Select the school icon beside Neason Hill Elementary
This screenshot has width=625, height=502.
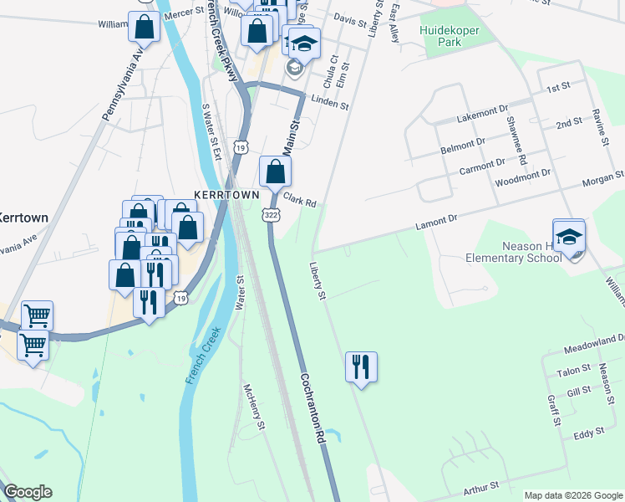pyautogui.click(x=569, y=236)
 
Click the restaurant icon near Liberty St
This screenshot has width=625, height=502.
pyautogui.click(x=361, y=366)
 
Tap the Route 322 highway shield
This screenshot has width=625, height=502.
pyautogui.click(x=272, y=215)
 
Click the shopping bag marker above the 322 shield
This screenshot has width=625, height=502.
pyautogui.click(x=275, y=172)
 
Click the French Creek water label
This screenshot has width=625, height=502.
pyautogui.click(x=201, y=356)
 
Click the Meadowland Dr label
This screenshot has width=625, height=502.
pyautogui.click(x=594, y=338)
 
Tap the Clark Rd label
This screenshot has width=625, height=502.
pyautogui.click(x=299, y=201)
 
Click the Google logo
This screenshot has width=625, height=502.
pyautogui.click(x=28, y=492)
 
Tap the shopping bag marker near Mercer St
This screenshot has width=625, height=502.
pyautogui.click(x=145, y=27)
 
